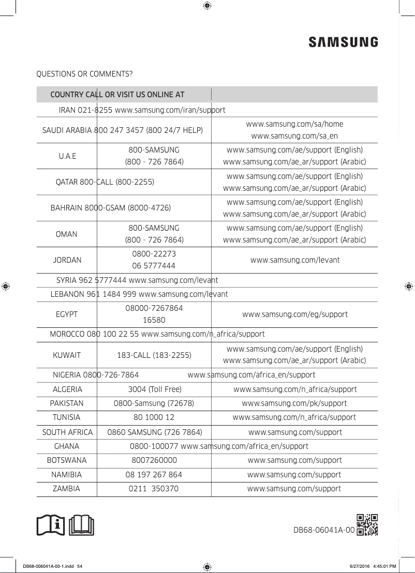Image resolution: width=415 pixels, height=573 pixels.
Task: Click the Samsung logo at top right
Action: point(343,42)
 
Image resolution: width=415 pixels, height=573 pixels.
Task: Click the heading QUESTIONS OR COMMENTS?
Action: point(84,74)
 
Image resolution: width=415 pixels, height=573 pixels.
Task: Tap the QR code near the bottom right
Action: point(367,525)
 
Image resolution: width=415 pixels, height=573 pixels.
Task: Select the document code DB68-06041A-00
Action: point(324,530)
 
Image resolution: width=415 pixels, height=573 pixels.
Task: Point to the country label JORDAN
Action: point(67,260)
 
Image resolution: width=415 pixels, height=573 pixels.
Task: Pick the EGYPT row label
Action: point(67,314)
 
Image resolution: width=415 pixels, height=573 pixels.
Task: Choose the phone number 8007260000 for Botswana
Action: point(154,460)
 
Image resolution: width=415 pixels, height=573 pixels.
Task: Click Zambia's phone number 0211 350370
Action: point(154,489)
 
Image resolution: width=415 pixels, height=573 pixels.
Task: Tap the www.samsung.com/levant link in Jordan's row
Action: point(295,260)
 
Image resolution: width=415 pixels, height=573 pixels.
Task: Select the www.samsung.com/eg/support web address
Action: point(295,314)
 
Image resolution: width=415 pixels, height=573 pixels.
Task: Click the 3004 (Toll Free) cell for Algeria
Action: point(155,389)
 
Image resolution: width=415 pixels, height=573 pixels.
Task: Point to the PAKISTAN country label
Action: point(67,403)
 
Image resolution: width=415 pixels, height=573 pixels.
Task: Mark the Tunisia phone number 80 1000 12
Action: point(154,417)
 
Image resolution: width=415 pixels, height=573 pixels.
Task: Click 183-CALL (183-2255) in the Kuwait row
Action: point(154,355)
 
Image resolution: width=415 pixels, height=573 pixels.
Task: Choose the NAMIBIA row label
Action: point(66,475)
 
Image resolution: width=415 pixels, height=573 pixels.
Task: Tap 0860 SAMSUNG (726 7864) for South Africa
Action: point(154,432)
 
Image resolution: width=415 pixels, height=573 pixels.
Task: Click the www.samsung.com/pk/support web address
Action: point(294,403)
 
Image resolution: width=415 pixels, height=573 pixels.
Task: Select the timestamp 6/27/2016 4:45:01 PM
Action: point(369,566)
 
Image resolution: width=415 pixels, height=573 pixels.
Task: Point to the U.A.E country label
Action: point(67,156)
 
